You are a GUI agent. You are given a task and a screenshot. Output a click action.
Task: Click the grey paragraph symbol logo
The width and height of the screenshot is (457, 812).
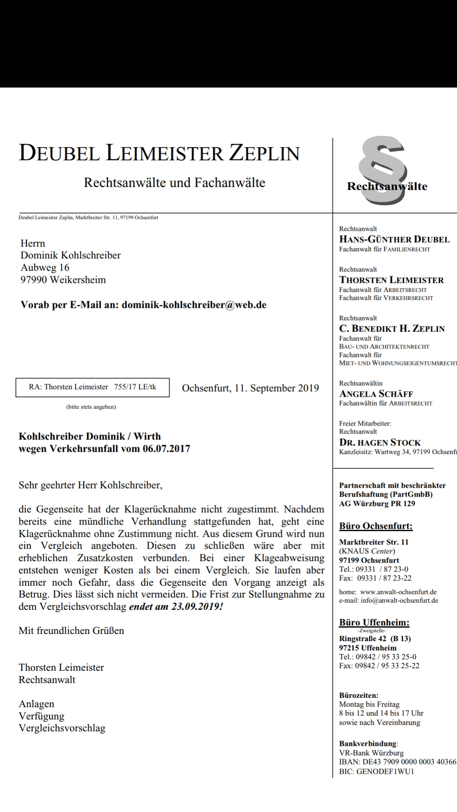point(383,163)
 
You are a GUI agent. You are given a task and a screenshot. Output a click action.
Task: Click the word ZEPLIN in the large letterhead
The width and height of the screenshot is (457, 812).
point(264,153)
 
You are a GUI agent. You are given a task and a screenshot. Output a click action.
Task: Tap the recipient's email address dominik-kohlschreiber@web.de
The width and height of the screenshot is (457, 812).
point(194,305)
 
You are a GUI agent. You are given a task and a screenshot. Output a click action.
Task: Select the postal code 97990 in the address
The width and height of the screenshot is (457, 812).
point(34,280)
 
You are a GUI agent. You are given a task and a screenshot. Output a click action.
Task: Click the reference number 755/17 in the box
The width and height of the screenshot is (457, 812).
point(123,387)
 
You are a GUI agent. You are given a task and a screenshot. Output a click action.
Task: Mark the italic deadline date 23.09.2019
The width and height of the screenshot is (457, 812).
point(197,606)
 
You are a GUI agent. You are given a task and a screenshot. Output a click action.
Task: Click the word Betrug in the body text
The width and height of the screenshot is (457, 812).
point(34,594)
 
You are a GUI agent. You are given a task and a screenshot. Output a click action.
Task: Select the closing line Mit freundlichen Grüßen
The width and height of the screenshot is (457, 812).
point(72,631)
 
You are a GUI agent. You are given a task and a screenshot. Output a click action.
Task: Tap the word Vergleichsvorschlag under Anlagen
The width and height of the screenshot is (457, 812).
point(62,728)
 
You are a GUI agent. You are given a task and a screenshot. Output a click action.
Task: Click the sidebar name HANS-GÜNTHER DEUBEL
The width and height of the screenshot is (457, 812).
point(394,239)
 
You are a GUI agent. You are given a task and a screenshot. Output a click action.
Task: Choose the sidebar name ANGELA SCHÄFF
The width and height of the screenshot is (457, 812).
point(376,394)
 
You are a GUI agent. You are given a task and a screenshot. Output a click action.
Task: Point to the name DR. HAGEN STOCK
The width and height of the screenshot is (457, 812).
point(380,442)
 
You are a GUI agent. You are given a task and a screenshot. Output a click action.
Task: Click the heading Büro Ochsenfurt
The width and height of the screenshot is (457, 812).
point(375,526)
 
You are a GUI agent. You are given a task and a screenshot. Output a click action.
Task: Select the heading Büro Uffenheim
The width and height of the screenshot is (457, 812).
point(374,623)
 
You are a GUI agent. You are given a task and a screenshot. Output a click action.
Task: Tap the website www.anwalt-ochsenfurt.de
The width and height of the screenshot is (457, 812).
point(398,592)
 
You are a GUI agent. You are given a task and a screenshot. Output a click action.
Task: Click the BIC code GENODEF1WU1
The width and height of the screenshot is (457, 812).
point(385,771)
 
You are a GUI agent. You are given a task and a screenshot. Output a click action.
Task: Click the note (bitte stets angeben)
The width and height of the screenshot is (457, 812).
point(91,407)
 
